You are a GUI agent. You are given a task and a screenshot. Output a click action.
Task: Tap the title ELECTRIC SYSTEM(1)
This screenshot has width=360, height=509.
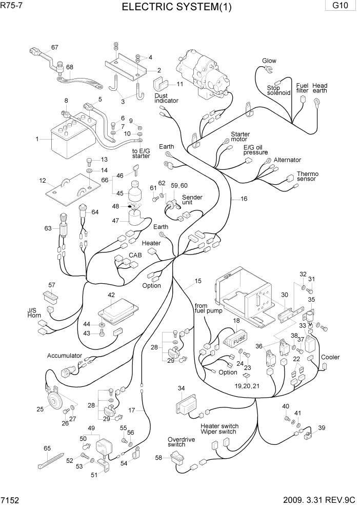(x=176, y=7)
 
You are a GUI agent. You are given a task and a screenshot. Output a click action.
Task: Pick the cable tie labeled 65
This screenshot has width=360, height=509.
(x=50, y=460)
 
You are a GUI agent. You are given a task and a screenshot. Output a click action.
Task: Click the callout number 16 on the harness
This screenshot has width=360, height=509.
(x=244, y=198)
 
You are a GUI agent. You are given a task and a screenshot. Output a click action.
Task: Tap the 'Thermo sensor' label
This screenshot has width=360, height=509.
(x=307, y=176)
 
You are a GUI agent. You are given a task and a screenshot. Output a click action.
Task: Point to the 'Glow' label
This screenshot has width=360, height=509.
(x=269, y=61)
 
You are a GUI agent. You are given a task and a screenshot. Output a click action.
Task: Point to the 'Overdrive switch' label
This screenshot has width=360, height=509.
(x=176, y=442)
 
